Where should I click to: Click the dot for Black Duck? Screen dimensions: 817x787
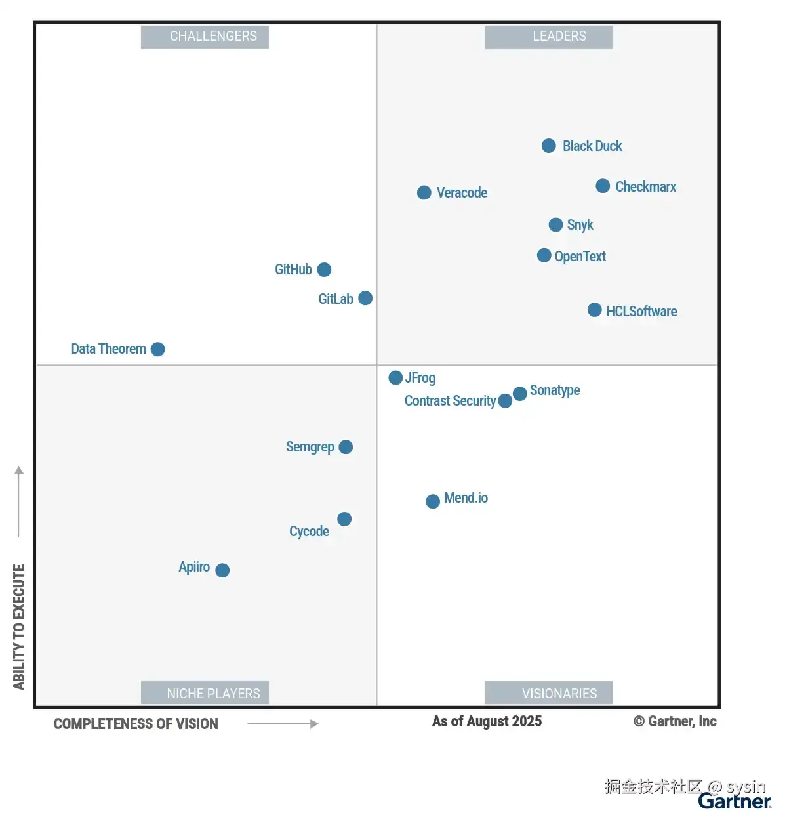pos(549,146)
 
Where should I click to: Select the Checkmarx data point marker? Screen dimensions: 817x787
pos(603,186)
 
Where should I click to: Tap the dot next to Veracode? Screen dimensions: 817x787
pos(424,192)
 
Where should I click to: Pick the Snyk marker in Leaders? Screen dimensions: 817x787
pos(555,225)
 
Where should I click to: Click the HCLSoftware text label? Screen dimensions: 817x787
pos(641,312)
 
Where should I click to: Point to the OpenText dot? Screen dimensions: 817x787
pos(544,255)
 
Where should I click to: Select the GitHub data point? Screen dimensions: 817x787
pos(324,270)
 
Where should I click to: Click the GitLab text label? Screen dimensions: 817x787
pos(335,299)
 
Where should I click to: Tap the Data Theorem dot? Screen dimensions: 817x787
pos(157,349)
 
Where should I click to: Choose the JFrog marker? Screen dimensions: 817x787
pos(395,377)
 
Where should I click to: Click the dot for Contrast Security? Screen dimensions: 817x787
pos(505,401)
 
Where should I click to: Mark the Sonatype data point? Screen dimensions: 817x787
pos(519,394)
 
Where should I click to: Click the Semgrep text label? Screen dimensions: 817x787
pos(310,447)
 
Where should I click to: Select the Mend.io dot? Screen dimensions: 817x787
pos(433,501)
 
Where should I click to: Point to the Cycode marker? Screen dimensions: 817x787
pos(344,519)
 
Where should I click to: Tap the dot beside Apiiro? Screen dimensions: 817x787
pos(222,570)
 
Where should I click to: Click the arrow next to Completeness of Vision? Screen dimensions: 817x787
pos(283,724)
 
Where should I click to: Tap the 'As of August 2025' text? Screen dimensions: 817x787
pos(487,722)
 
